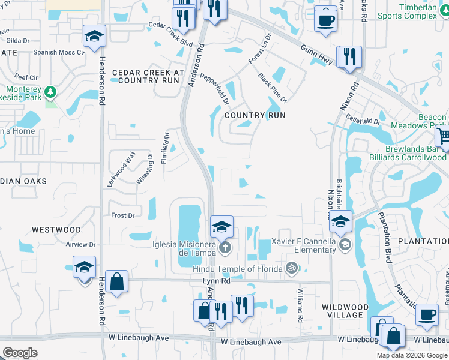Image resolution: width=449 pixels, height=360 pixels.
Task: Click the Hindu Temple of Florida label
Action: pyautogui.click(x=238, y=268)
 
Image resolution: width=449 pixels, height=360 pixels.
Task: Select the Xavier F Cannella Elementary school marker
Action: pyautogui.click(x=345, y=244)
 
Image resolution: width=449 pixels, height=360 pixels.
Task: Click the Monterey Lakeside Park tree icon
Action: pyautogui.click(x=51, y=91)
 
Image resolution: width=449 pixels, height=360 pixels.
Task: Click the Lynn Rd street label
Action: pyautogui.click(x=217, y=280)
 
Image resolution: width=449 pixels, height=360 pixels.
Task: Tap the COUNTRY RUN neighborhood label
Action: pyautogui.click(x=255, y=115)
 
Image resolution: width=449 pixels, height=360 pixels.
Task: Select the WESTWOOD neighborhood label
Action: pyautogui.click(x=56, y=230)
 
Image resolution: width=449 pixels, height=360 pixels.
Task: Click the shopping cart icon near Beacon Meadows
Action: pyautogui.click(x=443, y=135)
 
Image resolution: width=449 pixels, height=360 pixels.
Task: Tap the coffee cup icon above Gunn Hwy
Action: pyautogui.click(x=326, y=20)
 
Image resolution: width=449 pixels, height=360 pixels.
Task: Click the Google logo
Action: pyautogui.click(x=20, y=352)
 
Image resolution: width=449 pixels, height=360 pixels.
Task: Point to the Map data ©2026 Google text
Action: pyautogui.click(x=412, y=355)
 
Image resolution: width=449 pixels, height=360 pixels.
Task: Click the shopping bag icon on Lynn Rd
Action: pyautogui.click(x=116, y=281)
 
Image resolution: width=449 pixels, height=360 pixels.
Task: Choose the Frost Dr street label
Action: pyautogui.click(x=122, y=215)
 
